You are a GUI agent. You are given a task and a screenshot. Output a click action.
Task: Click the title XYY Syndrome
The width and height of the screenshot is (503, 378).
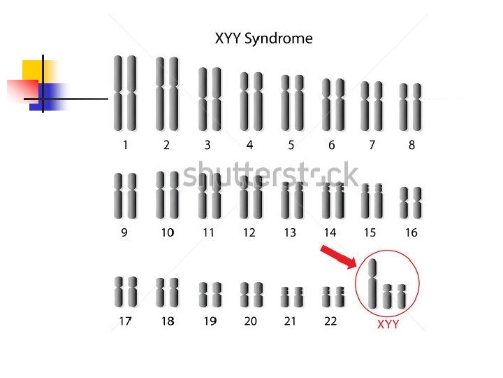[x=263, y=39]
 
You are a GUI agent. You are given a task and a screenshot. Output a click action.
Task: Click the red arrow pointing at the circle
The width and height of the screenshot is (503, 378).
[x=338, y=257]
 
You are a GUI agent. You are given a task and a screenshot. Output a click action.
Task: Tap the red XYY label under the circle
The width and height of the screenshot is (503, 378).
[x=388, y=325]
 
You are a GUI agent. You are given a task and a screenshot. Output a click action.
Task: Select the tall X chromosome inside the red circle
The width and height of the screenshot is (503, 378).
[x=372, y=283]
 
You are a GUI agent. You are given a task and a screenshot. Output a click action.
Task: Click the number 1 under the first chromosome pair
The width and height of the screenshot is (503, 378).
[x=125, y=146]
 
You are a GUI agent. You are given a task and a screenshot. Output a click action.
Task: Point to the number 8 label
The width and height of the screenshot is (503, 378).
[x=411, y=146]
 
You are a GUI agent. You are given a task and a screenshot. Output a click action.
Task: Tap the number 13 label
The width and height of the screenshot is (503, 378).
[x=290, y=232]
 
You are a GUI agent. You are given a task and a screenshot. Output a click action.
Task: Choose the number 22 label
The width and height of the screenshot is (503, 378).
[x=330, y=321]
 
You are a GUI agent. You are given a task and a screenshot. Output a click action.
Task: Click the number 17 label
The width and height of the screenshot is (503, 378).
[x=125, y=321]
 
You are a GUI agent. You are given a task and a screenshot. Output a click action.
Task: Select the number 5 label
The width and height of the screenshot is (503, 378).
[x=291, y=146]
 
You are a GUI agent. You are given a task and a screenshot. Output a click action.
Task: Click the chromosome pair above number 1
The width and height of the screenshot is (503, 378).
[x=125, y=93]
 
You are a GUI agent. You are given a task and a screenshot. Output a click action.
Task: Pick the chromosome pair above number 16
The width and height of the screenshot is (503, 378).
[x=411, y=203]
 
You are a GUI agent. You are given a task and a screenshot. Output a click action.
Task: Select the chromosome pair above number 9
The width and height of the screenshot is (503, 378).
[x=125, y=196]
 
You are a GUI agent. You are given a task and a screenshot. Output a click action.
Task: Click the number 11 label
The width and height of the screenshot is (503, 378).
[x=208, y=232]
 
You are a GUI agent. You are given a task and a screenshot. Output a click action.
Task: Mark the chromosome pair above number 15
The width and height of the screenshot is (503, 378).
[x=372, y=202]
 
